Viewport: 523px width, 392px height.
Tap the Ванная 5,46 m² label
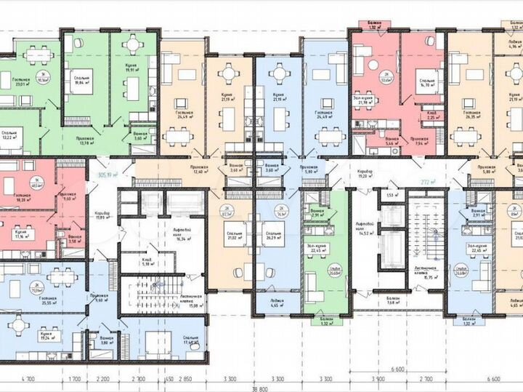pyautogui.click(x=392, y=141)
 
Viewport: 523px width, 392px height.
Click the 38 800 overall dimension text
pyautogui.click(x=259, y=388)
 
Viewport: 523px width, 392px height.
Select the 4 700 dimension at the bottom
pyautogui.click(x=28, y=379)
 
